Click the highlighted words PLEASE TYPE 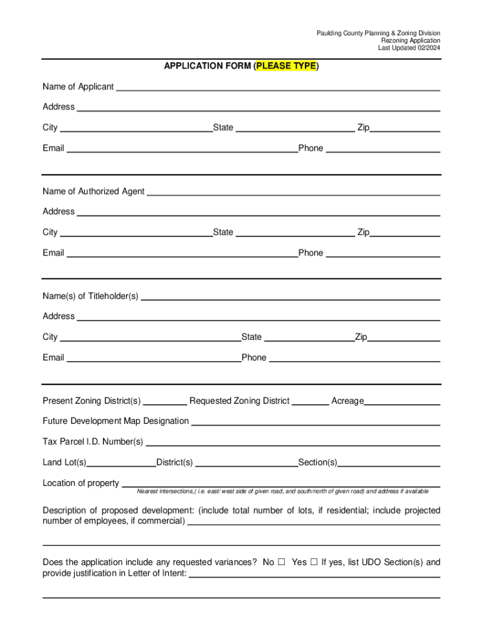click(x=286, y=66)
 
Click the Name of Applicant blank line click(x=278, y=87)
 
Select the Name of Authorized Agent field click(x=293, y=192)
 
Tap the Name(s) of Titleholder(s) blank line click(x=290, y=296)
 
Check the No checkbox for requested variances click(x=282, y=562)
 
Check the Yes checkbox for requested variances click(x=314, y=562)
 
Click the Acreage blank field click(x=402, y=401)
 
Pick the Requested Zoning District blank click(x=310, y=401)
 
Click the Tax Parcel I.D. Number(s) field click(x=293, y=443)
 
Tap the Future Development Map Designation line click(x=316, y=422)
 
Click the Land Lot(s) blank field click(x=122, y=463)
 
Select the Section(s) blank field click(x=389, y=463)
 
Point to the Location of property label click(x=80, y=483)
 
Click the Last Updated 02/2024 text click(x=409, y=48)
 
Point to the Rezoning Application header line click(x=411, y=40)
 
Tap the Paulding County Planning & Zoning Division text click(x=378, y=33)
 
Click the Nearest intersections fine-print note click(x=283, y=491)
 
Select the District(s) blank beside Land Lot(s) click(x=247, y=463)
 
